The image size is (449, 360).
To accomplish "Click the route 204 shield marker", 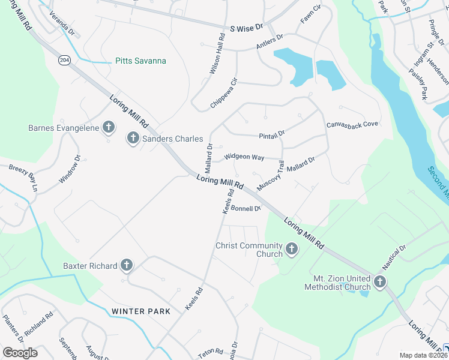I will point(64,60).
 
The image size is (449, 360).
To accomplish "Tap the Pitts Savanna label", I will point(140,61).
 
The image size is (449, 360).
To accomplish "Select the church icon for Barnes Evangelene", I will point(109,127).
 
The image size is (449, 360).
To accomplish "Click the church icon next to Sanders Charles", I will point(132,139).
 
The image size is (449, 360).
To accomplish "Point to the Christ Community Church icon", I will point(292,249).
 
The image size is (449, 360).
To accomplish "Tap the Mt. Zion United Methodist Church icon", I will point(379,281).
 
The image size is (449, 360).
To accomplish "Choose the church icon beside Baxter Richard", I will point(126,265).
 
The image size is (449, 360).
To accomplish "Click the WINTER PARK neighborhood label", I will point(140,311).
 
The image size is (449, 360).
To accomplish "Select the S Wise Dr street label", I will point(247,28).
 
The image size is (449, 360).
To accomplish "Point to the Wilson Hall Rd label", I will point(217,53).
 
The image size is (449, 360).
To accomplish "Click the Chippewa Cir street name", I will point(224,93).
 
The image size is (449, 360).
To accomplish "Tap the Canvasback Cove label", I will point(352,124).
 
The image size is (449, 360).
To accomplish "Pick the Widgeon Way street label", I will point(244,157).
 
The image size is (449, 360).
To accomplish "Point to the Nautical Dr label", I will point(394,256).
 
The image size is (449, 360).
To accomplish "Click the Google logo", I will point(20,352).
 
